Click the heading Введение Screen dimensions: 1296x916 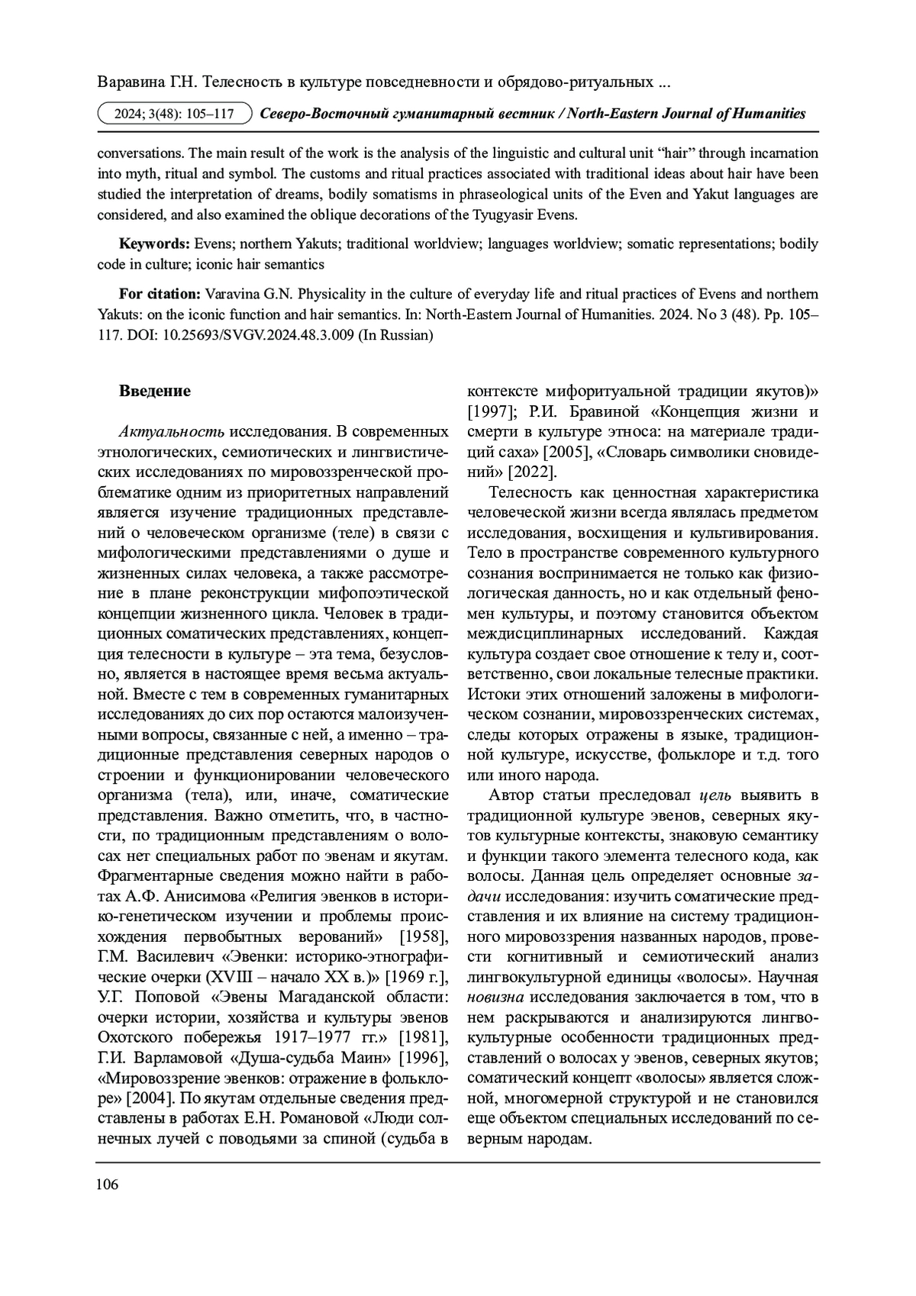154,392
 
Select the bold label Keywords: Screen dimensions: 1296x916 154,244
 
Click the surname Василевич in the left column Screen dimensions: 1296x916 172,957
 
